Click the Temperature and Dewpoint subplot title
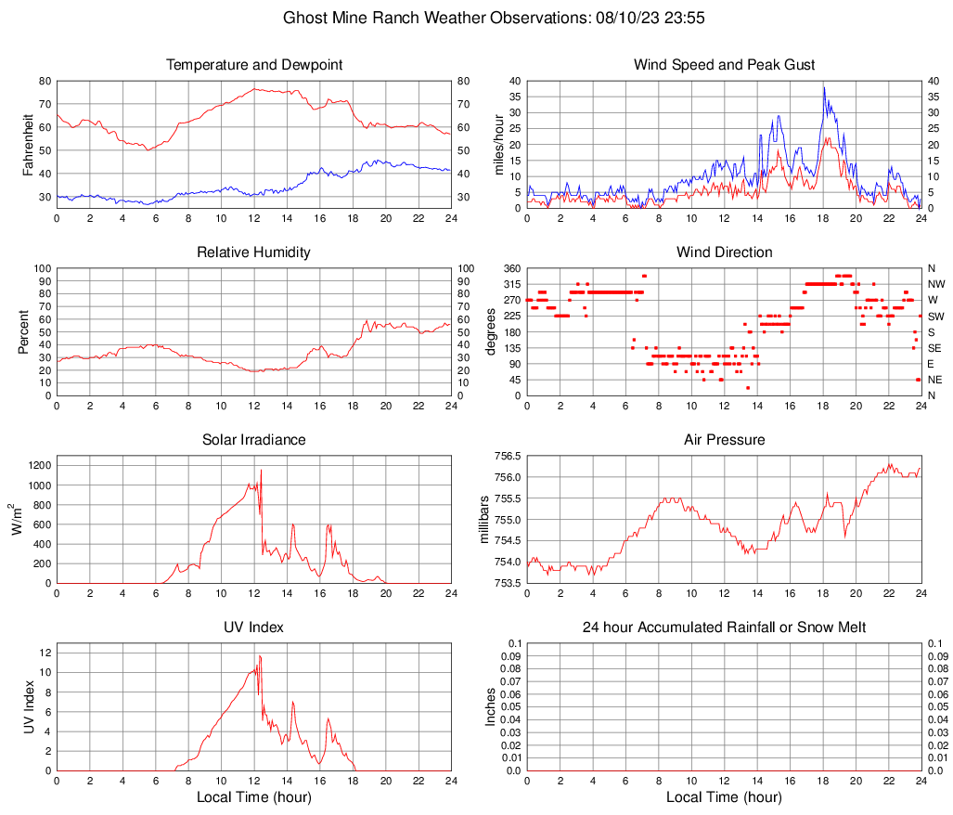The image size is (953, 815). [x=253, y=65]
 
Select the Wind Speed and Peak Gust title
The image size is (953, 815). [x=724, y=65]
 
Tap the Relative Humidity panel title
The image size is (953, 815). [x=253, y=252]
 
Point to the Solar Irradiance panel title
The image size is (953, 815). [x=253, y=440]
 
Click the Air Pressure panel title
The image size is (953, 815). [x=724, y=440]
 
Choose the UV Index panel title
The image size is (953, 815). [x=253, y=627]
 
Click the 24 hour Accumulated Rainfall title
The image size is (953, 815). [x=724, y=627]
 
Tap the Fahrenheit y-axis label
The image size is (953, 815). [x=28, y=145]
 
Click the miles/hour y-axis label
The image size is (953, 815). [x=498, y=145]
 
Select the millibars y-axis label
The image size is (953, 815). [x=483, y=520]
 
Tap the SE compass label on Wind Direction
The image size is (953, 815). [x=934, y=348]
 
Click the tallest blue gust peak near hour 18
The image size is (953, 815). [x=823, y=87]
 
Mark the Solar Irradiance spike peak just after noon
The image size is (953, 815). [x=261, y=471]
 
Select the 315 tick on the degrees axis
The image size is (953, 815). [x=510, y=284]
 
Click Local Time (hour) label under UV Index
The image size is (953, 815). [x=253, y=797]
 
